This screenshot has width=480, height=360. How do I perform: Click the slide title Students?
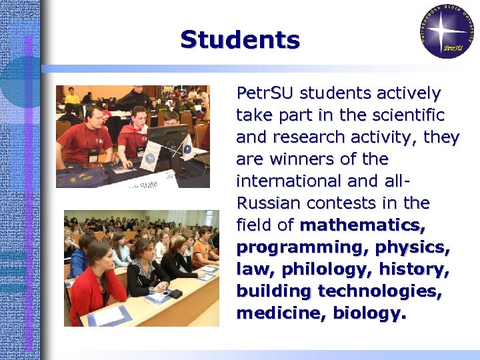240,40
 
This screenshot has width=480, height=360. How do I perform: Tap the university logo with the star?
447,30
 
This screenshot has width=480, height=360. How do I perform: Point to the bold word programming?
302,247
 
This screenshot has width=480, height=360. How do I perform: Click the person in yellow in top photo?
72,97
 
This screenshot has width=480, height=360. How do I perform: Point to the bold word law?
255,269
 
